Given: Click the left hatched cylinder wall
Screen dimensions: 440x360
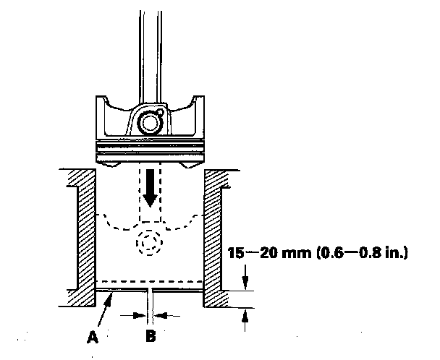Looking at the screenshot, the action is (84, 231).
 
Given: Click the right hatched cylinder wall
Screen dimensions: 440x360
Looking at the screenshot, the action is (216, 231).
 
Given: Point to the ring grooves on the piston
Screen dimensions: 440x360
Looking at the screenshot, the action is (150, 148).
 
